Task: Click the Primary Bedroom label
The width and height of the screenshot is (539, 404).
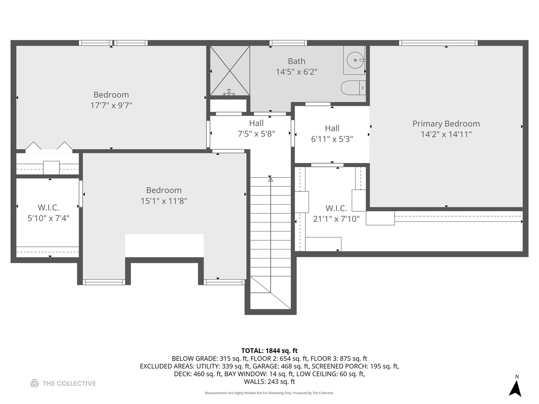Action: coord(446,124)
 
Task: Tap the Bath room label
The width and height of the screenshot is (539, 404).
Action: coord(296,61)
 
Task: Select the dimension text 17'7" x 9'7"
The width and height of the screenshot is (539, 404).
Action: coord(111,105)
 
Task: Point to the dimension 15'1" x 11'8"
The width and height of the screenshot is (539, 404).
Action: coord(164,201)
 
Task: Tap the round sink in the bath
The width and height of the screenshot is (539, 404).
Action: coord(354,60)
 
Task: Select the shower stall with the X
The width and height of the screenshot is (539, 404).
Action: coord(229,70)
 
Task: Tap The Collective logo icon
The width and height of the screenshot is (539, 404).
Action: coord(34,383)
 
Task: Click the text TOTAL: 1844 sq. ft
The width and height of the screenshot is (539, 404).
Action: coord(269,351)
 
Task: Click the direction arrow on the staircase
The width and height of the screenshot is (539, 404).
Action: coord(270,180)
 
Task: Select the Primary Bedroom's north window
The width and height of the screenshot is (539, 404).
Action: coord(438,43)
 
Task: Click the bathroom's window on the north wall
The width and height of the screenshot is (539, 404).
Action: coord(288,43)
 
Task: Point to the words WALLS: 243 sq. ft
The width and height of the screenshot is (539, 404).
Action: coord(269,382)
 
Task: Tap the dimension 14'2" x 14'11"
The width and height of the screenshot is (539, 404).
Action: coord(446,134)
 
